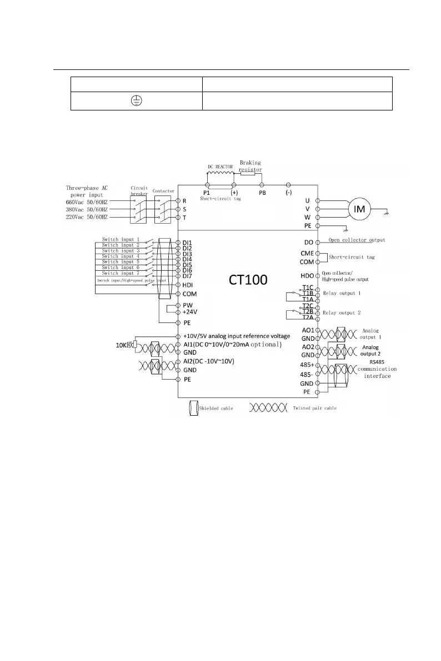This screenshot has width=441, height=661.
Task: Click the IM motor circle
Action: click(359, 209)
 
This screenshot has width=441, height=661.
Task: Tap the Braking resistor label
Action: click(250, 166)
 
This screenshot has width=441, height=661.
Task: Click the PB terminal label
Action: click(263, 193)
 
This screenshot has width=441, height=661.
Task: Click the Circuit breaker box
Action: click(139, 209)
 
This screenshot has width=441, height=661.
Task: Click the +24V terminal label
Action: click(191, 312)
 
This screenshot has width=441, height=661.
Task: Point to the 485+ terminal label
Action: click(307, 365)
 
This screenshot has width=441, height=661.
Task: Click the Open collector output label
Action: click(356, 240)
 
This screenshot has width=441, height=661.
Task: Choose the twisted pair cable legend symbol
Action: click(268, 408)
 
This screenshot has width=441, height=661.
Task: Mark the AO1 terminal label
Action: click(307, 330)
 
